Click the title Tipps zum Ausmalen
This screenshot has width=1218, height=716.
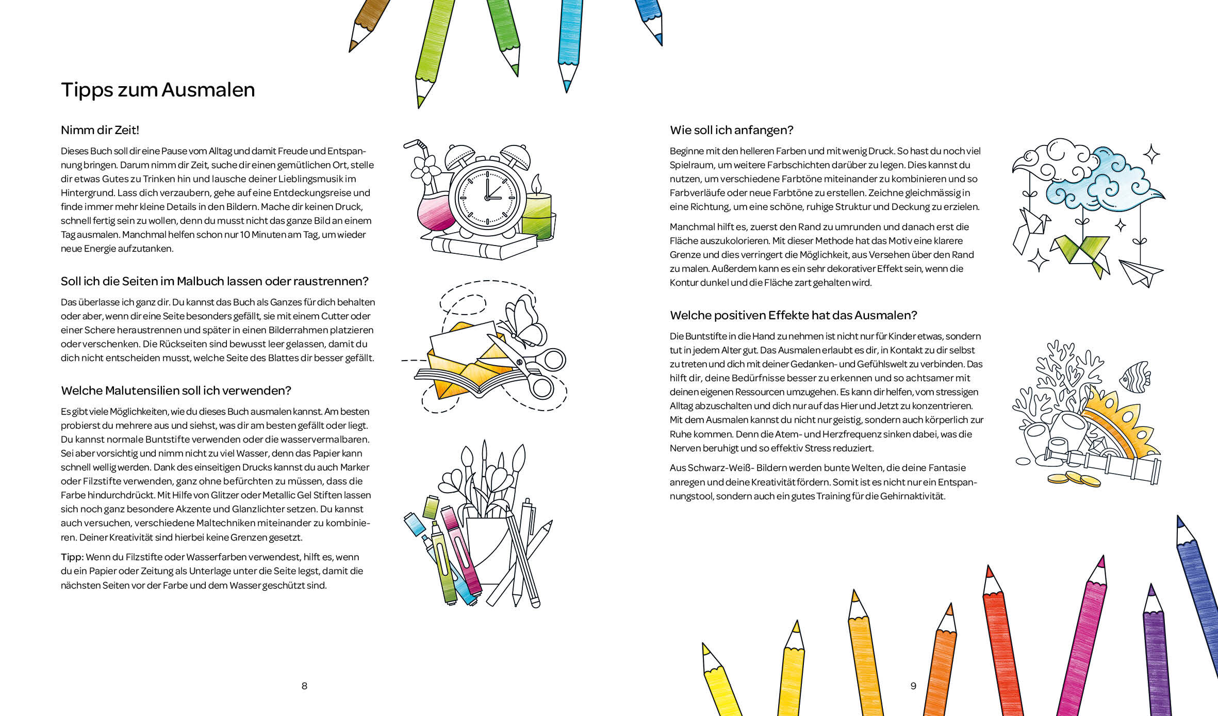point(158,90)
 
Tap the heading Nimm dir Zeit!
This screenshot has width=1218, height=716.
point(100,130)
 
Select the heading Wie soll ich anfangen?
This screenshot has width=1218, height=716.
point(731,130)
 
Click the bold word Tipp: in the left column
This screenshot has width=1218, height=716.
point(72,557)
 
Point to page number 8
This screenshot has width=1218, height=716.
point(304,686)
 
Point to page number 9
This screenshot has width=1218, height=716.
point(913,686)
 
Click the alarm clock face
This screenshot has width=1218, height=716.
point(487,198)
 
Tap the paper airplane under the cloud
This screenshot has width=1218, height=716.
point(1141,272)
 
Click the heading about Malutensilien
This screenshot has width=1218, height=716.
point(176,390)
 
